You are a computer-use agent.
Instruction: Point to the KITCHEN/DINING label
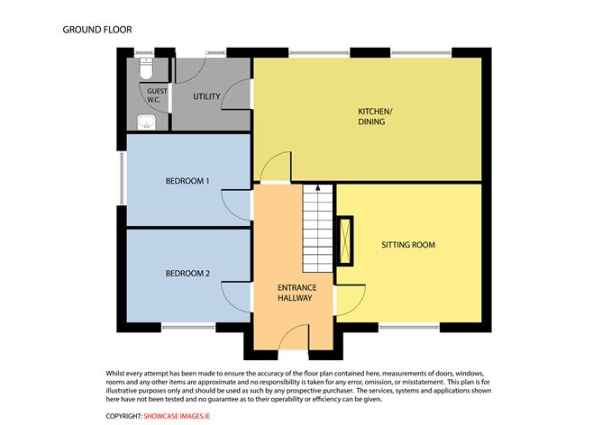pos(372,115)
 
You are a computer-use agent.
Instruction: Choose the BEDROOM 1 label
pos(187,181)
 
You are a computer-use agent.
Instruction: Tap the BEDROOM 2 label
pos(187,273)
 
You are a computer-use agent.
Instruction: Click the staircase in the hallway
pos(318,230)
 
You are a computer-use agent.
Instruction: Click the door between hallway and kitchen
pos(275,167)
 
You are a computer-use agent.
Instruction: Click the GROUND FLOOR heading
pos(97,30)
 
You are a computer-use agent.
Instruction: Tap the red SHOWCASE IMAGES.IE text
pos(179,416)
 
